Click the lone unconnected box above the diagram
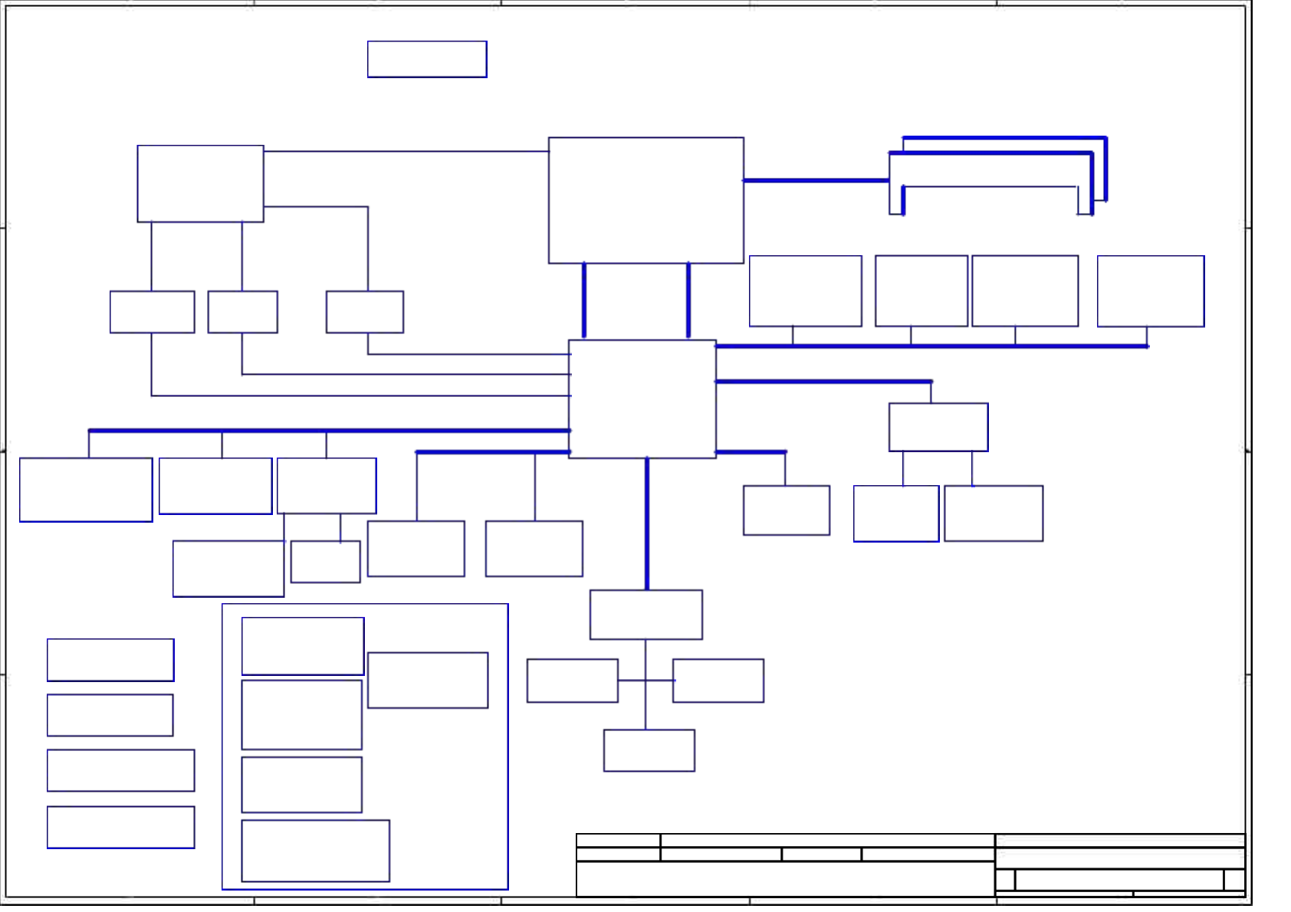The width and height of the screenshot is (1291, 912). (x=427, y=59)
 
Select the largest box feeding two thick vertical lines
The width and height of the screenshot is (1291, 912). (x=645, y=200)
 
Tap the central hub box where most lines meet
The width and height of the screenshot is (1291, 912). (x=642, y=399)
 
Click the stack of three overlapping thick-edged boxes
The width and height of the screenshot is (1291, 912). (x=997, y=175)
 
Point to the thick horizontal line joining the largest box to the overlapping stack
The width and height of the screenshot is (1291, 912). (x=816, y=180)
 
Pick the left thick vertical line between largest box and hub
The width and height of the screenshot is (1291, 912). (x=584, y=300)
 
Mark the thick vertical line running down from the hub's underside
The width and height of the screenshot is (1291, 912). (x=647, y=523)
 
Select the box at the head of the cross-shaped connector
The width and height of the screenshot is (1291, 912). (x=645, y=614)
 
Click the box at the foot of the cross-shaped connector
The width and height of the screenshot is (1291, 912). (x=649, y=750)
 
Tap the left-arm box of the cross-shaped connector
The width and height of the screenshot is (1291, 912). (x=572, y=680)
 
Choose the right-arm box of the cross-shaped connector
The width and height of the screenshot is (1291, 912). (x=718, y=680)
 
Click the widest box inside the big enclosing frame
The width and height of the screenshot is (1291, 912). (x=315, y=850)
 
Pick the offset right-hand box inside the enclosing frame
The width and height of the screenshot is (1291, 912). (x=427, y=680)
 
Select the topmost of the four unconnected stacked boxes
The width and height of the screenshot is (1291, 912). (x=110, y=659)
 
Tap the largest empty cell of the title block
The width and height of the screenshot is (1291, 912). (x=785, y=878)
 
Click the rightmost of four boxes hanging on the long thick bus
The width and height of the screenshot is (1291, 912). (x=1150, y=290)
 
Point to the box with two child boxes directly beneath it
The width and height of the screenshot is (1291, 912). (x=938, y=427)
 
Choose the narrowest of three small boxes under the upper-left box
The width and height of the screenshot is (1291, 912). (x=242, y=311)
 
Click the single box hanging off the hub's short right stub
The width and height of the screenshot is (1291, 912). (x=786, y=510)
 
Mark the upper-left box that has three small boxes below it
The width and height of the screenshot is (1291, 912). (x=200, y=183)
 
